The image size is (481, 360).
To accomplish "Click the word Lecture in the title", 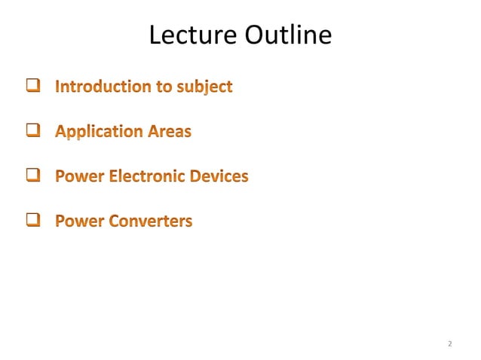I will [x=193, y=35].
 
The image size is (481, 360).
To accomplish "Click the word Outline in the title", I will [x=287, y=35].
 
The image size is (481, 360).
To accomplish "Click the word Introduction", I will [x=103, y=87].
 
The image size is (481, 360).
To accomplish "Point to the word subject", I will [x=204, y=87].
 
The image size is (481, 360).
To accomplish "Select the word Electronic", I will [x=148, y=177].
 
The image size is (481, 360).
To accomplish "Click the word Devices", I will [x=219, y=177].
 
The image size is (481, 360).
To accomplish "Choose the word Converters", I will [x=152, y=221].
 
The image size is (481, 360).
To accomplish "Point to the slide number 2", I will [x=449, y=344].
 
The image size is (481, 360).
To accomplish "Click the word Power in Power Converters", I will [x=79, y=221].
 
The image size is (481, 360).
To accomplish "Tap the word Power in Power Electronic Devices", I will [x=79, y=177].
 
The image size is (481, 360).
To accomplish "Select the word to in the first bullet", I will [x=164, y=87].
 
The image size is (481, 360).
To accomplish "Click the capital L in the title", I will [x=155, y=35].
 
